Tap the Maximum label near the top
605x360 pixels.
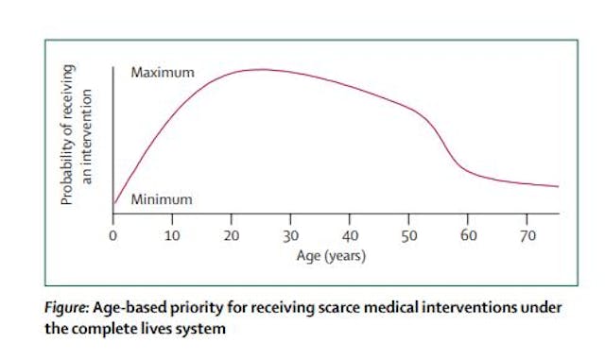point(163,73)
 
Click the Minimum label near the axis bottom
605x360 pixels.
point(161,199)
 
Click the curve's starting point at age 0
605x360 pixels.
point(114,201)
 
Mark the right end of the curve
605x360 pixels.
point(558,186)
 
